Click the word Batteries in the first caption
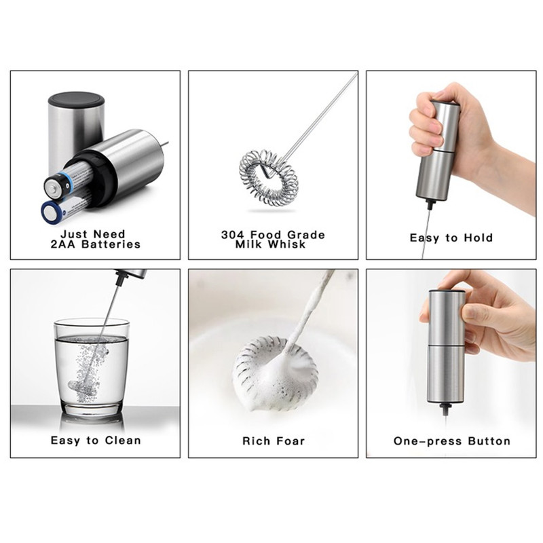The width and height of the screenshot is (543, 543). coord(111,244)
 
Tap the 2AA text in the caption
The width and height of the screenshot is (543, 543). coord(64,244)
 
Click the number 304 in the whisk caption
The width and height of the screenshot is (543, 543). coord(233,235)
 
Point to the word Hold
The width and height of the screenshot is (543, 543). coord(479,238)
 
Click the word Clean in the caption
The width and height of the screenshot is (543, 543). coord(123,440)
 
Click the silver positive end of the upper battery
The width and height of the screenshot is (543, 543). coord(53,188)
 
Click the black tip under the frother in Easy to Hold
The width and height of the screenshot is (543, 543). coord(430,204)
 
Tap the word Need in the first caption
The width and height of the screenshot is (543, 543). coord(109,234)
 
